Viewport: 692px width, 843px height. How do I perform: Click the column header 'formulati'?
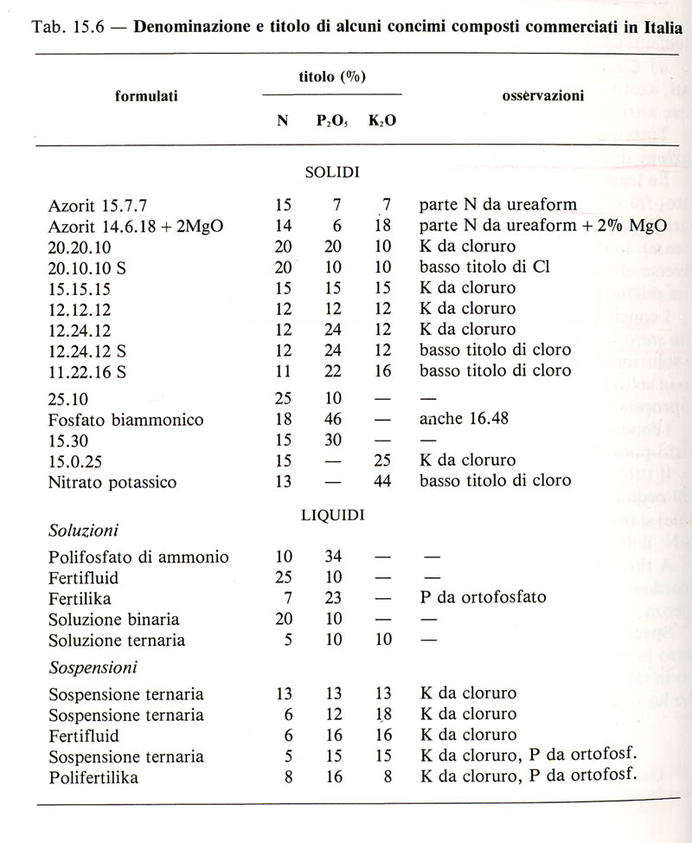(x=146, y=96)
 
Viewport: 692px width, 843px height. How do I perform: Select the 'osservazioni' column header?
(x=542, y=95)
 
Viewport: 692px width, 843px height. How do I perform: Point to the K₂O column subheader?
(x=382, y=122)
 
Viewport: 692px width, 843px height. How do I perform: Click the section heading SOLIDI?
(x=333, y=172)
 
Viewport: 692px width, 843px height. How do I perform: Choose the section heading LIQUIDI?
(x=333, y=515)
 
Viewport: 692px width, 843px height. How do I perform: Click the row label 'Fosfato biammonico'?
(x=126, y=420)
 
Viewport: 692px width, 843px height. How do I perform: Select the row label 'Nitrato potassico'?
(x=112, y=482)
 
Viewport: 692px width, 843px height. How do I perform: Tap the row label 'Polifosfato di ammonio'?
(x=139, y=557)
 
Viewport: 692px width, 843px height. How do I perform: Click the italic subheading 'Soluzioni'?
(x=84, y=529)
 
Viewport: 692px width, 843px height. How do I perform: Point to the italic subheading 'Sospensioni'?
(x=94, y=668)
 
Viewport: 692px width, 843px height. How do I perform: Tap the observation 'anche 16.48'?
(x=463, y=420)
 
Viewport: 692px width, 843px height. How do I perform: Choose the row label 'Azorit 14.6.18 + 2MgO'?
(x=137, y=227)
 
